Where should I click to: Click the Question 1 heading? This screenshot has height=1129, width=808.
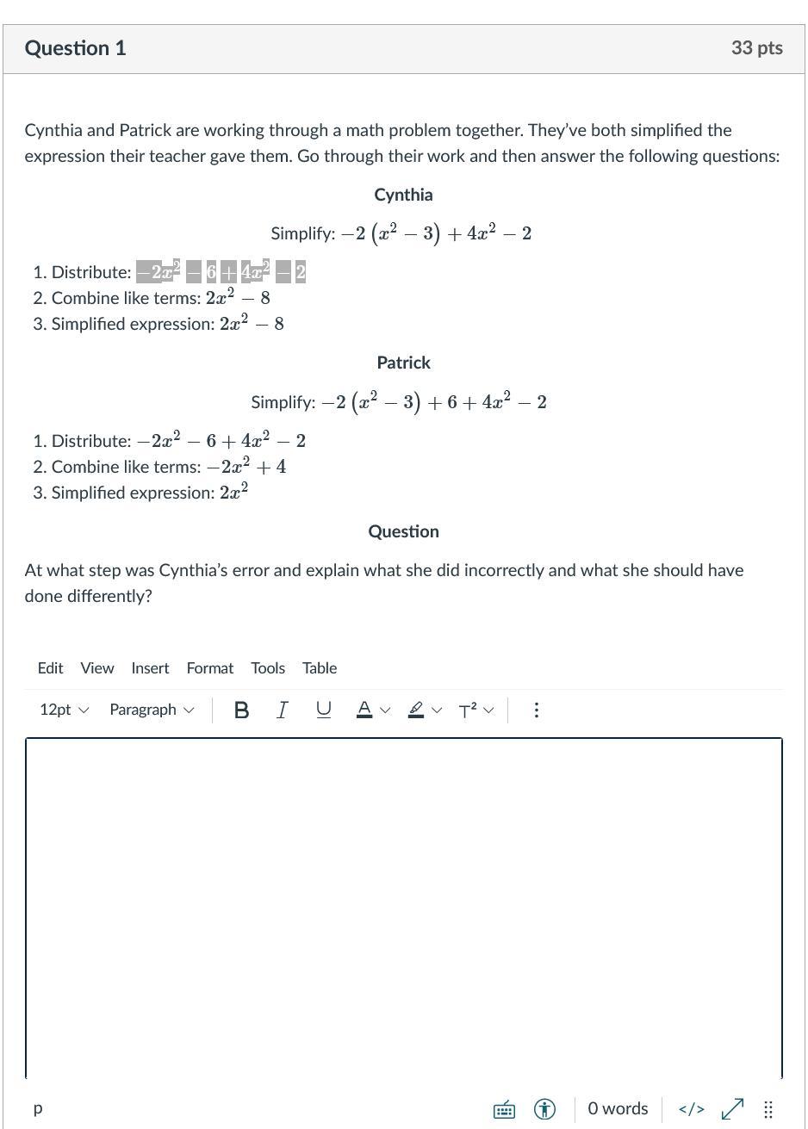[x=75, y=48]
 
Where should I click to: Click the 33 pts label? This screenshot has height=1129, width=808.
[x=756, y=48]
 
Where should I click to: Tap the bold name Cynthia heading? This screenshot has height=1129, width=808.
[x=403, y=195]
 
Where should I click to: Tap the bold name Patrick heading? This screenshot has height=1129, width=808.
[x=403, y=363]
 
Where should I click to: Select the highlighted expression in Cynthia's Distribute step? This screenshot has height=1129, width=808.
[x=221, y=272]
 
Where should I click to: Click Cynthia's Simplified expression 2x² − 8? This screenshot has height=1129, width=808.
[x=252, y=324]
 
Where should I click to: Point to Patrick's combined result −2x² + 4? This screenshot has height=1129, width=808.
[x=246, y=467]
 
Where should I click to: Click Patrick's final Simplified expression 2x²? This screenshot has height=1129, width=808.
[x=233, y=493]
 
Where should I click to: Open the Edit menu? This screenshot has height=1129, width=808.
[x=50, y=668]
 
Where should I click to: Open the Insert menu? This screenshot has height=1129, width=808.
[x=150, y=668]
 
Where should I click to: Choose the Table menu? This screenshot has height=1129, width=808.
[x=319, y=668]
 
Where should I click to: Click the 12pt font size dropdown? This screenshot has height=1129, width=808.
[x=64, y=710]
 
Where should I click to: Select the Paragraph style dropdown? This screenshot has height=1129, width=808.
[x=152, y=710]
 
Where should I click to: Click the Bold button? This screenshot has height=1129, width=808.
[x=242, y=710]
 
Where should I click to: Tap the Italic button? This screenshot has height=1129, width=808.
[x=282, y=710]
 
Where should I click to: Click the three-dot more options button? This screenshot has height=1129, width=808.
[x=537, y=710]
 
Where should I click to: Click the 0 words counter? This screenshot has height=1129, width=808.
[x=618, y=1108]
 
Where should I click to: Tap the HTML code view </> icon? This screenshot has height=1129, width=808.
[x=691, y=1108]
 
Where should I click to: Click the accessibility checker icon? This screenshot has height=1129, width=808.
[x=544, y=1108]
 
